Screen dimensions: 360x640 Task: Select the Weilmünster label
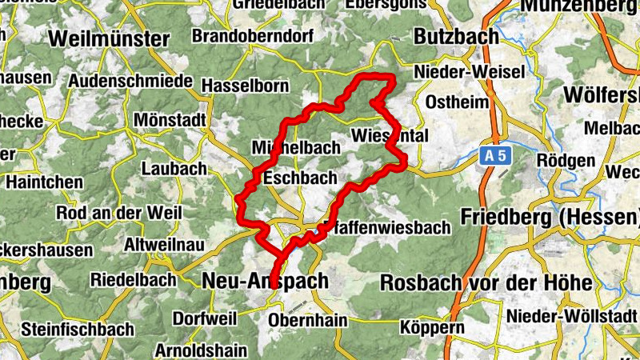click(109, 38)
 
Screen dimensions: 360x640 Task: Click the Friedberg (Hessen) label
click(550, 217)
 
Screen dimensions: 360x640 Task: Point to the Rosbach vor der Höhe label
click(486, 283)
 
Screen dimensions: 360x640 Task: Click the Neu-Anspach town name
click(266, 281)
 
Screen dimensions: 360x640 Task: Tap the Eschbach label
click(300, 178)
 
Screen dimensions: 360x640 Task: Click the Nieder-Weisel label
click(469, 73)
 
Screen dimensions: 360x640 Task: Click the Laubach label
click(174, 169)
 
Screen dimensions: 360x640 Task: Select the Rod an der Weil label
click(118, 214)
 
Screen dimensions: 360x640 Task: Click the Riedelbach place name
click(133, 281)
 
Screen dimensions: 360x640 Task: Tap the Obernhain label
click(309, 321)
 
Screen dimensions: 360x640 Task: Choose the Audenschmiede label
click(130, 82)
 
